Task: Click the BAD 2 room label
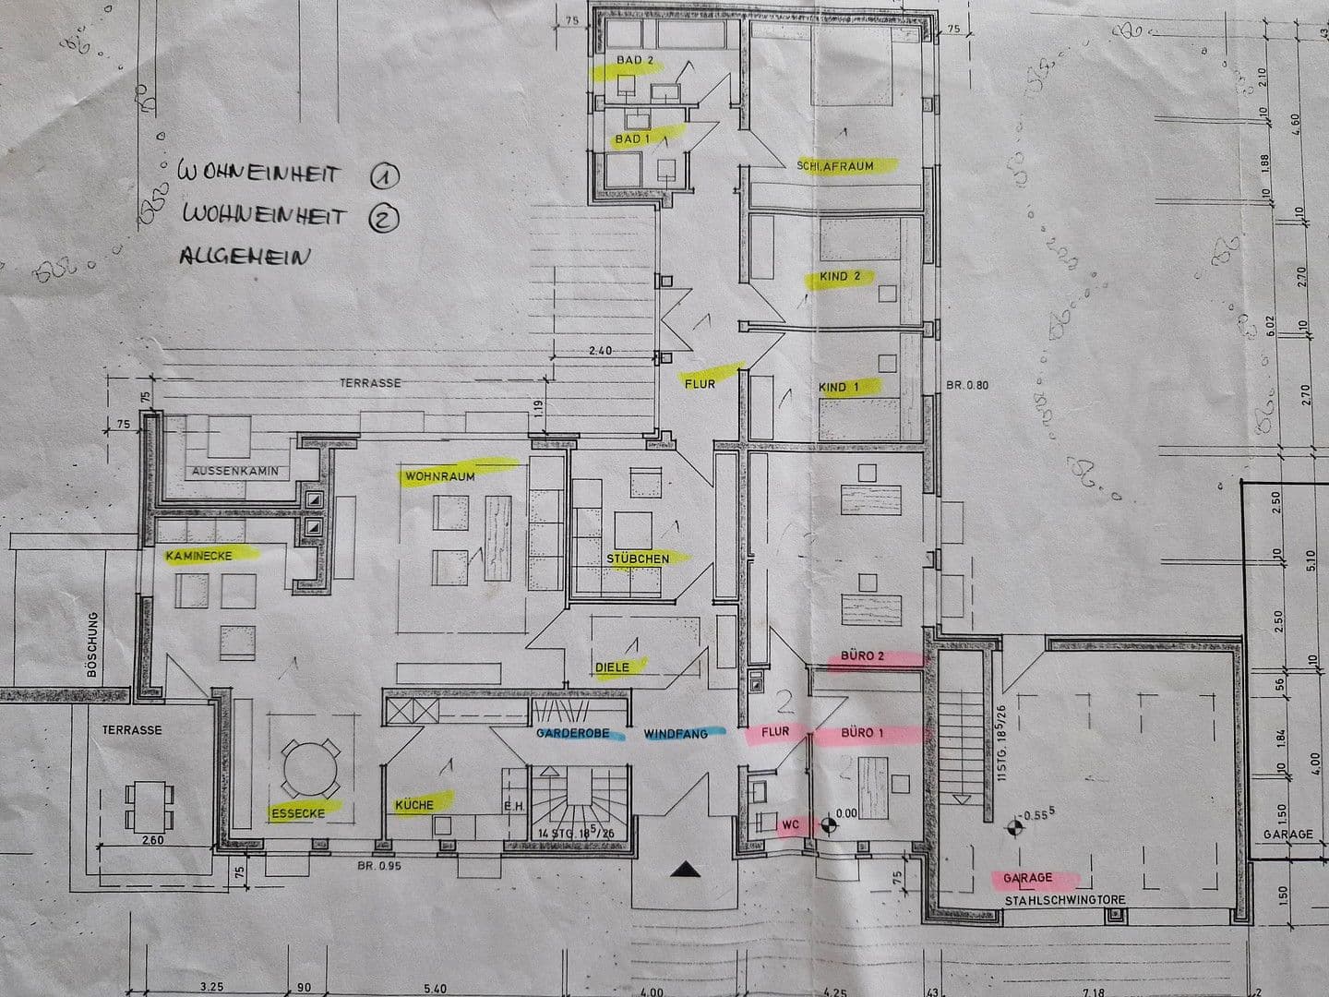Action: (x=635, y=60)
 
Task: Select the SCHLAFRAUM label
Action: (x=834, y=166)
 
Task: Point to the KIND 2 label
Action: (x=839, y=276)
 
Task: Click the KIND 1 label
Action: (x=838, y=387)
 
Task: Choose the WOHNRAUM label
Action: (x=440, y=476)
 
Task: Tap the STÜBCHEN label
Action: (x=638, y=559)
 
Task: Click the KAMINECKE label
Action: (x=198, y=556)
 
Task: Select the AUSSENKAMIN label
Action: (x=235, y=471)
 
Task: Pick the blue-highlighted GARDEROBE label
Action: (x=572, y=734)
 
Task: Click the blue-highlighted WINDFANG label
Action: (x=676, y=734)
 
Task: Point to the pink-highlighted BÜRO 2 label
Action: (x=863, y=656)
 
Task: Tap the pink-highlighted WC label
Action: (x=790, y=822)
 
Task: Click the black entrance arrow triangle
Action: (x=684, y=868)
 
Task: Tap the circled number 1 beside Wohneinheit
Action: (x=382, y=174)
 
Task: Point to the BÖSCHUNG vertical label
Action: (x=91, y=644)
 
